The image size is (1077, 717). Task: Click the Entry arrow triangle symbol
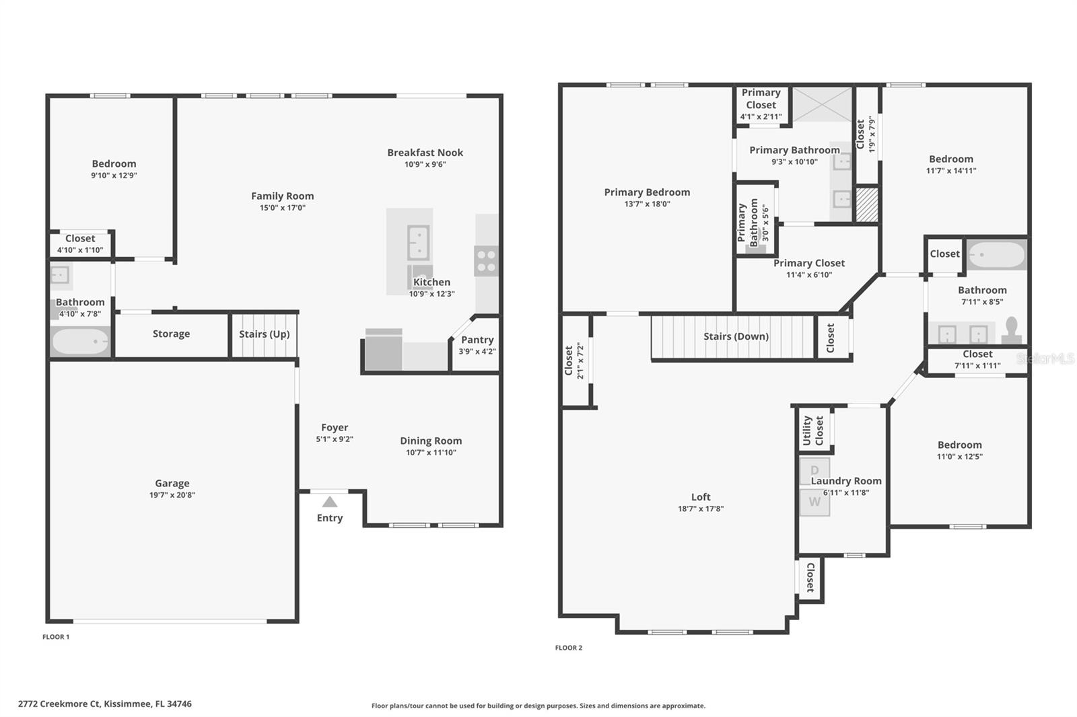click(x=329, y=502)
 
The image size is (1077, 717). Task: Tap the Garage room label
click(x=172, y=483)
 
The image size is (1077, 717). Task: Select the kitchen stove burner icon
click(x=486, y=261)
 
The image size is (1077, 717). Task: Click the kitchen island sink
click(x=418, y=242)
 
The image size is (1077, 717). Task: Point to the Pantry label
click(x=477, y=340)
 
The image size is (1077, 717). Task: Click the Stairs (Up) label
click(x=265, y=334)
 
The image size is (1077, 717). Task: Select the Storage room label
click(x=171, y=334)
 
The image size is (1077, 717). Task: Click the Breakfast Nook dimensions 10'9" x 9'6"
click(x=425, y=164)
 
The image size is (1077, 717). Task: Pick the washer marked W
click(x=814, y=502)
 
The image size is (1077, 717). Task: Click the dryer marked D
click(x=814, y=471)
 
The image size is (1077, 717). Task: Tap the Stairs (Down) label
click(x=736, y=336)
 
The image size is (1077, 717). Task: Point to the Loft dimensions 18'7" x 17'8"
click(x=701, y=509)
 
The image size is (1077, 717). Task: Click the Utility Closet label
click(x=813, y=430)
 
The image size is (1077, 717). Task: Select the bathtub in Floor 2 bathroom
click(x=997, y=255)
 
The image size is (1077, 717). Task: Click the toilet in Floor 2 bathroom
click(x=1011, y=331)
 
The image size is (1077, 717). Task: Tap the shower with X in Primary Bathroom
click(x=822, y=104)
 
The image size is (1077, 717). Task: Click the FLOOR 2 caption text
click(x=568, y=648)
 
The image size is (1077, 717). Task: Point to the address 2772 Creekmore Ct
click(x=104, y=704)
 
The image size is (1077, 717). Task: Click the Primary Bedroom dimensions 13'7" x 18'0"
click(x=647, y=204)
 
